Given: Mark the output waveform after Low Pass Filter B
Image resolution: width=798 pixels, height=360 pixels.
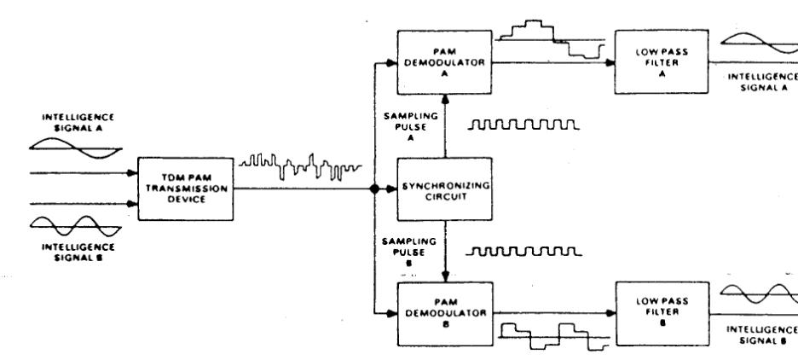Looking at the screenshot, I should pyautogui.click(x=759, y=296).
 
